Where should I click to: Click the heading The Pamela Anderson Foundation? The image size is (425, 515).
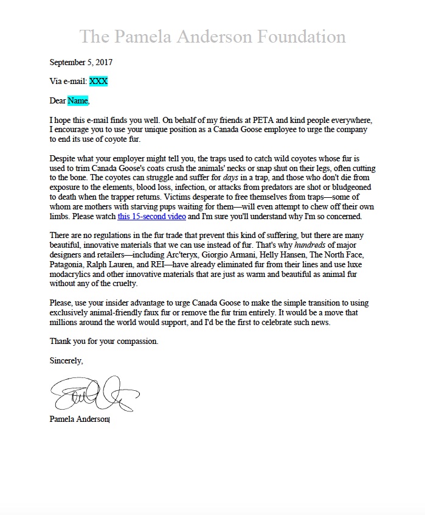(x=212, y=36)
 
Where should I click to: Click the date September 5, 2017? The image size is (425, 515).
(x=81, y=62)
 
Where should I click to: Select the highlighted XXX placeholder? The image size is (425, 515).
(x=98, y=81)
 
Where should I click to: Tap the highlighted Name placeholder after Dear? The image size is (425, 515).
(x=78, y=100)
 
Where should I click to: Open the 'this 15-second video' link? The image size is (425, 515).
(x=151, y=217)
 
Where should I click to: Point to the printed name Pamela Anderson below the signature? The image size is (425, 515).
(x=79, y=419)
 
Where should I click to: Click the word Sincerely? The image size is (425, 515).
(x=66, y=361)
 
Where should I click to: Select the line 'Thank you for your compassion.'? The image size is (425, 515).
(x=104, y=342)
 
